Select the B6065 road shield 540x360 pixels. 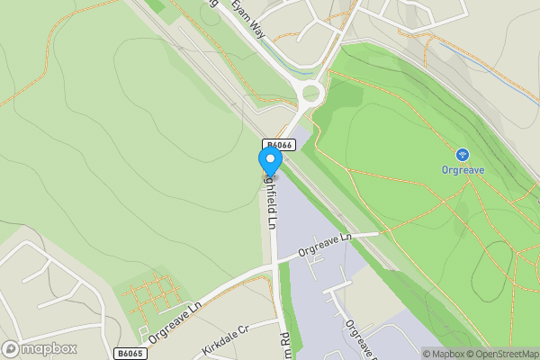click(129, 354)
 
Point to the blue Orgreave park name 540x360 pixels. click(462, 169)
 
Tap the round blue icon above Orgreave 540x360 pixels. click(462, 154)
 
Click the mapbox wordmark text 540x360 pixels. click(50, 348)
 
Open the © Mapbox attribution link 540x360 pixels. click(445, 354)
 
